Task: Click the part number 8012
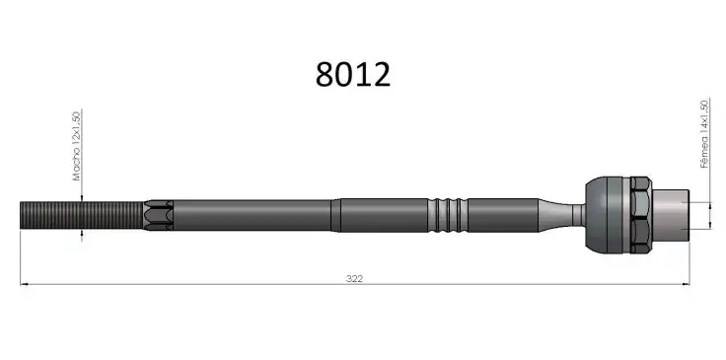pyautogui.click(x=353, y=75)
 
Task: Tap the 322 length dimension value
pyautogui.click(x=354, y=278)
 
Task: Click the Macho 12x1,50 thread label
pyautogui.click(x=77, y=146)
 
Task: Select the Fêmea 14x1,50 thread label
pyautogui.click(x=704, y=134)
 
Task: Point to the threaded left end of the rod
pyautogui.click(x=82, y=215)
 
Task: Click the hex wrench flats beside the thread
pyautogui.click(x=159, y=215)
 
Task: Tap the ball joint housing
pyautogui.click(x=608, y=215)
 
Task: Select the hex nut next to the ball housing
pyautogui.click(x=641, y=215)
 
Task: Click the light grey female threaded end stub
pyautogui.click(x=671, y=215)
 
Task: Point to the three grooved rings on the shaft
pyautogui.click(x=448, y=215)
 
